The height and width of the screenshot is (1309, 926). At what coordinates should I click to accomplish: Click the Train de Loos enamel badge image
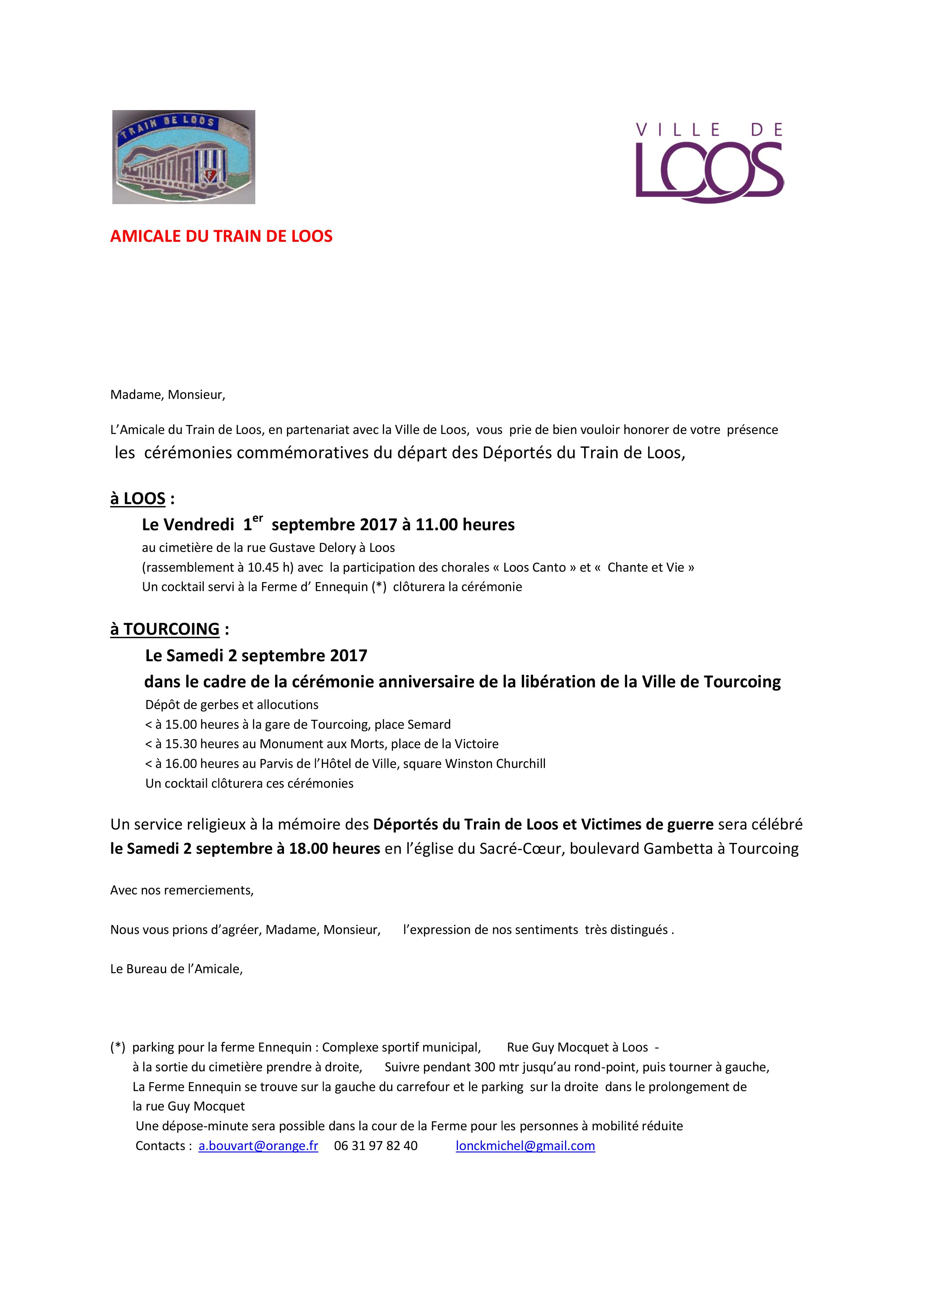coord(184,157)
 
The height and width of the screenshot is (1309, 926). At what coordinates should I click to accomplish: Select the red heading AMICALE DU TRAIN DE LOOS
coord(221,237)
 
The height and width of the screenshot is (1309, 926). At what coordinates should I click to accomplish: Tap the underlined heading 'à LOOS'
coord(138,499)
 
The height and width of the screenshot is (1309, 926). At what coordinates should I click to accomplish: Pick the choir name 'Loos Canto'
coord(533,568)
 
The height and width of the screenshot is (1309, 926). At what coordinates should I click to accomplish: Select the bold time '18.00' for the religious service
coord(308,849)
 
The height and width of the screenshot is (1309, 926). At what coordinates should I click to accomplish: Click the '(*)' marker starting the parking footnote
coord(118,1048)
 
